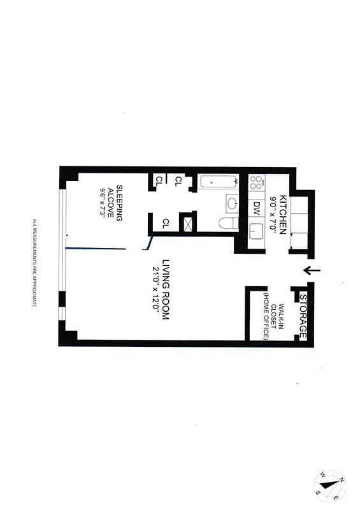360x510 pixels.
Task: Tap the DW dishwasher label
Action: (256, 208)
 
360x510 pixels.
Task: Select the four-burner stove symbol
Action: (256, 184)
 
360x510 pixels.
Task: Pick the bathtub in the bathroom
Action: (217, 183)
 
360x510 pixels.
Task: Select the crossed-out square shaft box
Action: (189, 224)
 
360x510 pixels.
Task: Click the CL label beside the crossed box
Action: (166, 223)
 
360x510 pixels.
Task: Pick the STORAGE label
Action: (303, 317)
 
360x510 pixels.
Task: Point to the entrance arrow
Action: (312, 271)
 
